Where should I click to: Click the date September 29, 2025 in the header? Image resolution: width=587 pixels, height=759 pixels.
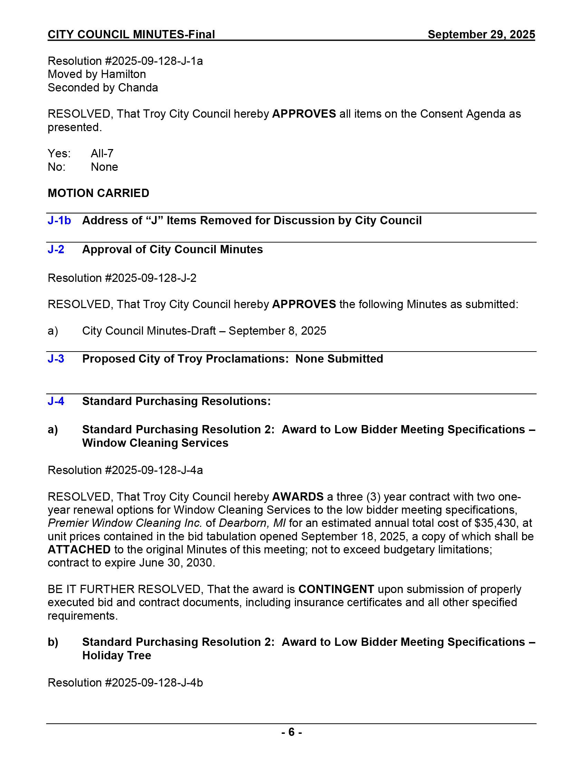[481, 34]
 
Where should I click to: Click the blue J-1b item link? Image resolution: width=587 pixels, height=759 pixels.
[59, 220]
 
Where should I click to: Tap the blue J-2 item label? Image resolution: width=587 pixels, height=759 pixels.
[56, 249]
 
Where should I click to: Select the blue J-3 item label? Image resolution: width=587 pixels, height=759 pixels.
[56, 359]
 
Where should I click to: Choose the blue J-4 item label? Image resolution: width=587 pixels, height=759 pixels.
[56, 401]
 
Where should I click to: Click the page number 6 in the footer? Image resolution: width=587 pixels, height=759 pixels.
[291, 732]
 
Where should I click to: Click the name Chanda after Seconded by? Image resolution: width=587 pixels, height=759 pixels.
[138, 88]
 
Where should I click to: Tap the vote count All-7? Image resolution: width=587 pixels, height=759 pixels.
[102, 153]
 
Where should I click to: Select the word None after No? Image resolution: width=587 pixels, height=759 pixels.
[104, 167]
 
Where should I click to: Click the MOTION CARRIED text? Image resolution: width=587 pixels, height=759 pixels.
[98, 193]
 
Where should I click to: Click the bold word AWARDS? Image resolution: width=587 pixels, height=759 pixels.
[298, 496]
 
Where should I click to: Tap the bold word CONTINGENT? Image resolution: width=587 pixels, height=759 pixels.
[336, 589]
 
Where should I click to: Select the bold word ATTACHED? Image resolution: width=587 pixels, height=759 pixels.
[79, 550]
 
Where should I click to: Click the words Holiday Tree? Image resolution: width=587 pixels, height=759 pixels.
[116, 655]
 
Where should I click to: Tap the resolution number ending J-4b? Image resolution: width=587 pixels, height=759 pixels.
[125, 682]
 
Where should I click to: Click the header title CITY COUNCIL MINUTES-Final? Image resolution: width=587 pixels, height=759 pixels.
[131, 34]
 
